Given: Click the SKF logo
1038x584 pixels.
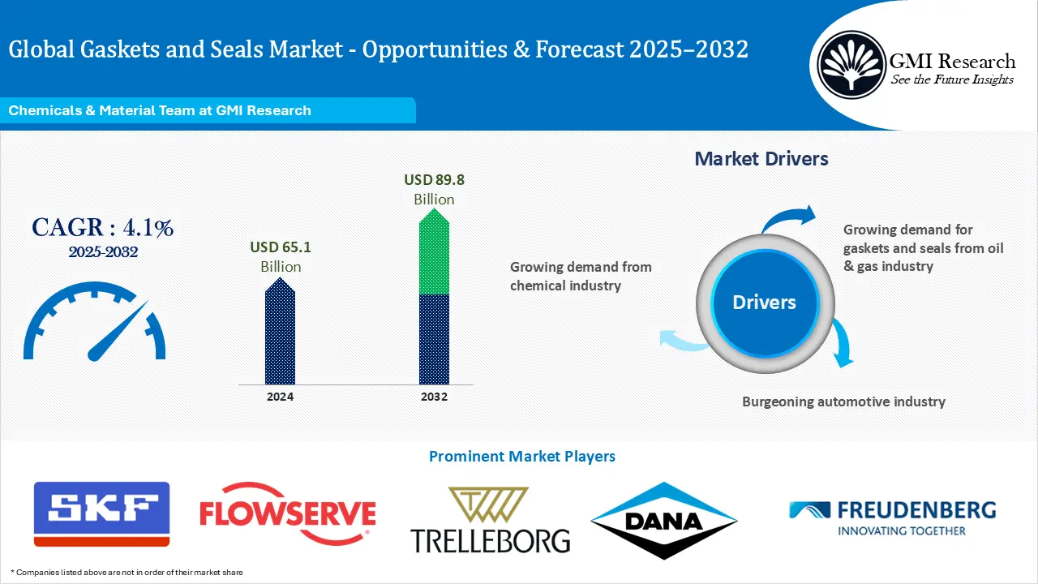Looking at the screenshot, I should (101, 513).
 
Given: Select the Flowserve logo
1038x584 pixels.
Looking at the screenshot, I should (288, 513).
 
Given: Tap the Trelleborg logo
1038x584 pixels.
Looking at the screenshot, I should (490, 521).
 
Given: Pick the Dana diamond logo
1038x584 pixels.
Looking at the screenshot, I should (663, 521).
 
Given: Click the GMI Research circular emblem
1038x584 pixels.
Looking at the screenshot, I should (851, 65).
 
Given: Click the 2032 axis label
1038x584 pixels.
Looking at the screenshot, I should (434, 397).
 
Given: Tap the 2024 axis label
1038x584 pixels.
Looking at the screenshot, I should (280, 397).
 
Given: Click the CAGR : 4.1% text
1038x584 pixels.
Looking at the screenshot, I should (102, 228).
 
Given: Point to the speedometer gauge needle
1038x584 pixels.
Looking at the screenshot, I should (118, 331).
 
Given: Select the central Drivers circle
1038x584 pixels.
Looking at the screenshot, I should (764, 303).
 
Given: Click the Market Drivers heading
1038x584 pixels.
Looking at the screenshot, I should (761, 159).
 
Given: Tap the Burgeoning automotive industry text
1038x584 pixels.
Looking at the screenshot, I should (843, 401).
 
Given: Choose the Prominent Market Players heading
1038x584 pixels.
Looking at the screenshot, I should (521, 457).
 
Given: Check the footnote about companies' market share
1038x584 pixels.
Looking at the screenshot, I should (127, 573).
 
